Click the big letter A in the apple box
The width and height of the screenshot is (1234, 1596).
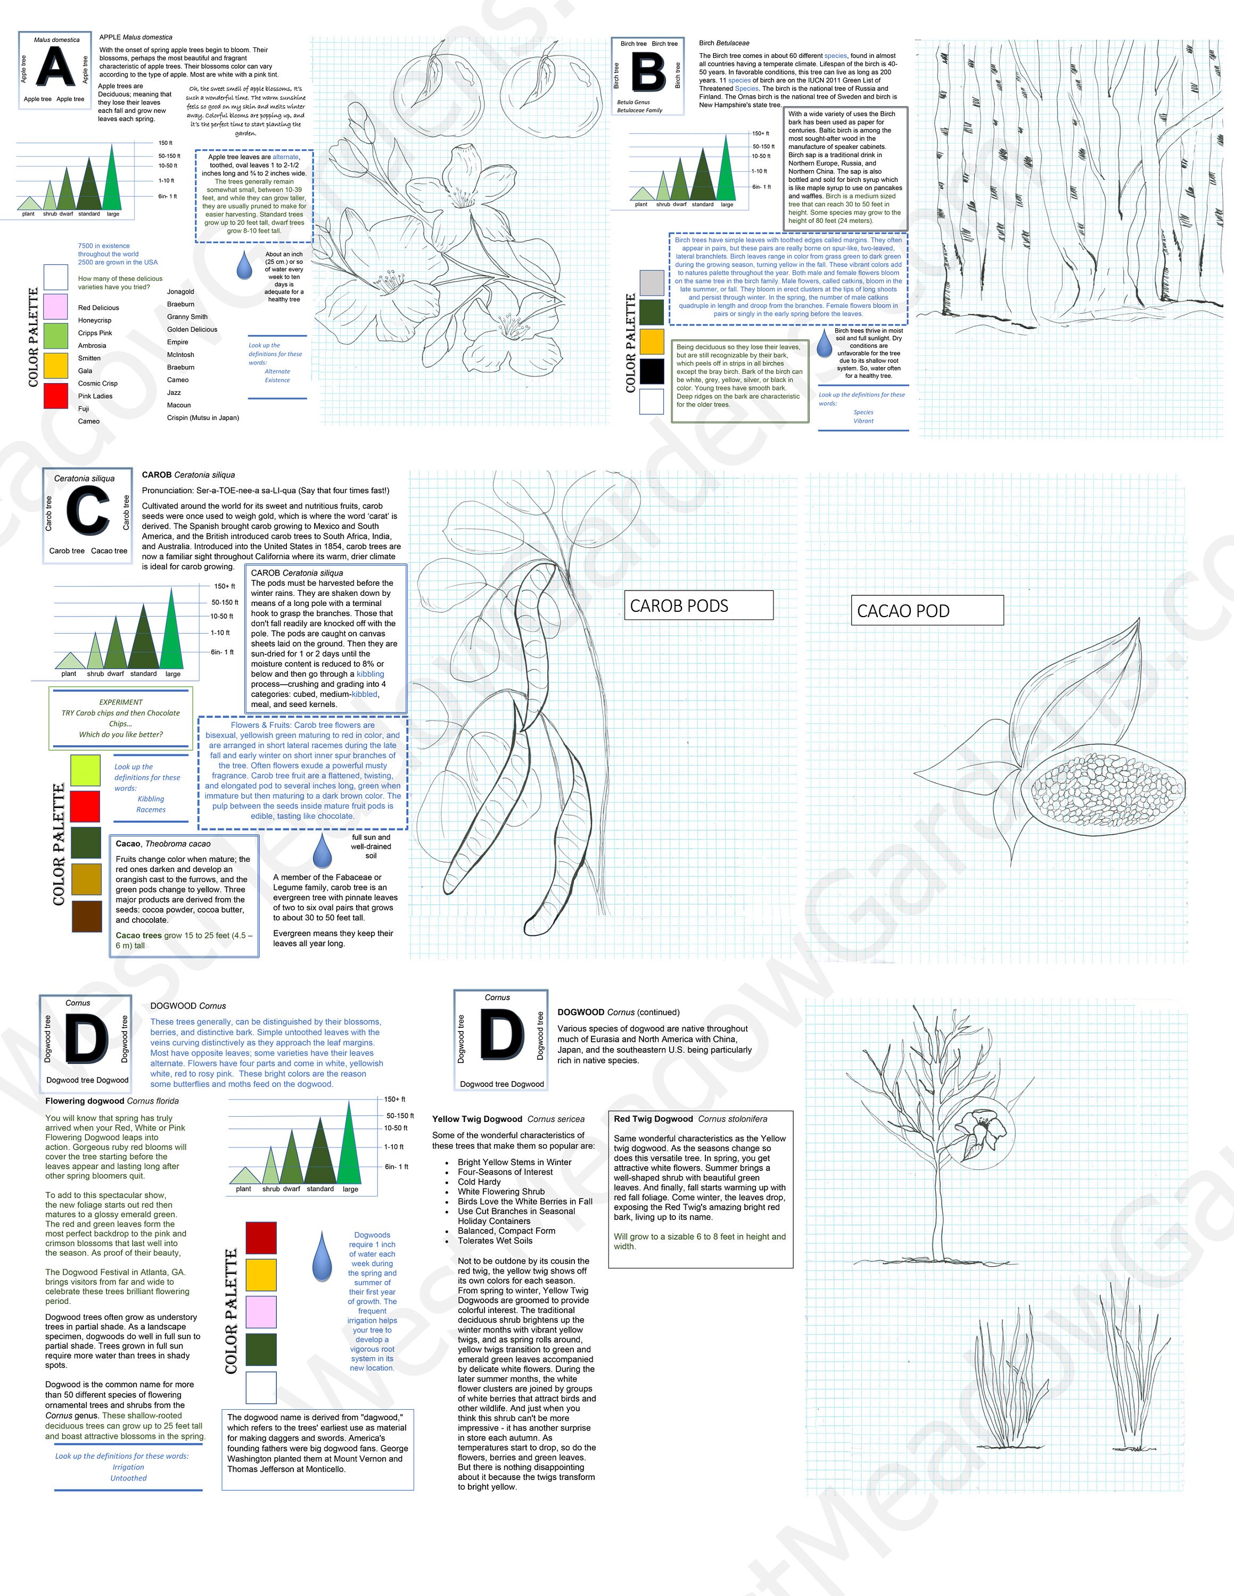pos(55,68)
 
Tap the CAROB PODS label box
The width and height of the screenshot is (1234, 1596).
pos(698,605)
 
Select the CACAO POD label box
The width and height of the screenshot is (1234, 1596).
pos(926,610)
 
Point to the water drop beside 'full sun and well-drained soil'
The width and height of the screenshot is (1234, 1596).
pos(322,851)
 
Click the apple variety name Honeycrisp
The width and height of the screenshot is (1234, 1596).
pos(95,320)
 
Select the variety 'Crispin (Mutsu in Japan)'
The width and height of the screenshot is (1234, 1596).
pos(202,418)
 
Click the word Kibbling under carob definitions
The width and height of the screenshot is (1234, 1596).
pos(151,799)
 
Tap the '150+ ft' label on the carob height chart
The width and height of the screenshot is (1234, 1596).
pos(225,586)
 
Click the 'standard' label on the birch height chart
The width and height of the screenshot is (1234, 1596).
pos(703,205)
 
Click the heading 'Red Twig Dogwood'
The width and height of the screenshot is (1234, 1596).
pos(653,1119)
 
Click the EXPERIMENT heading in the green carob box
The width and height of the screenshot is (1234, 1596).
pos(121,702)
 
